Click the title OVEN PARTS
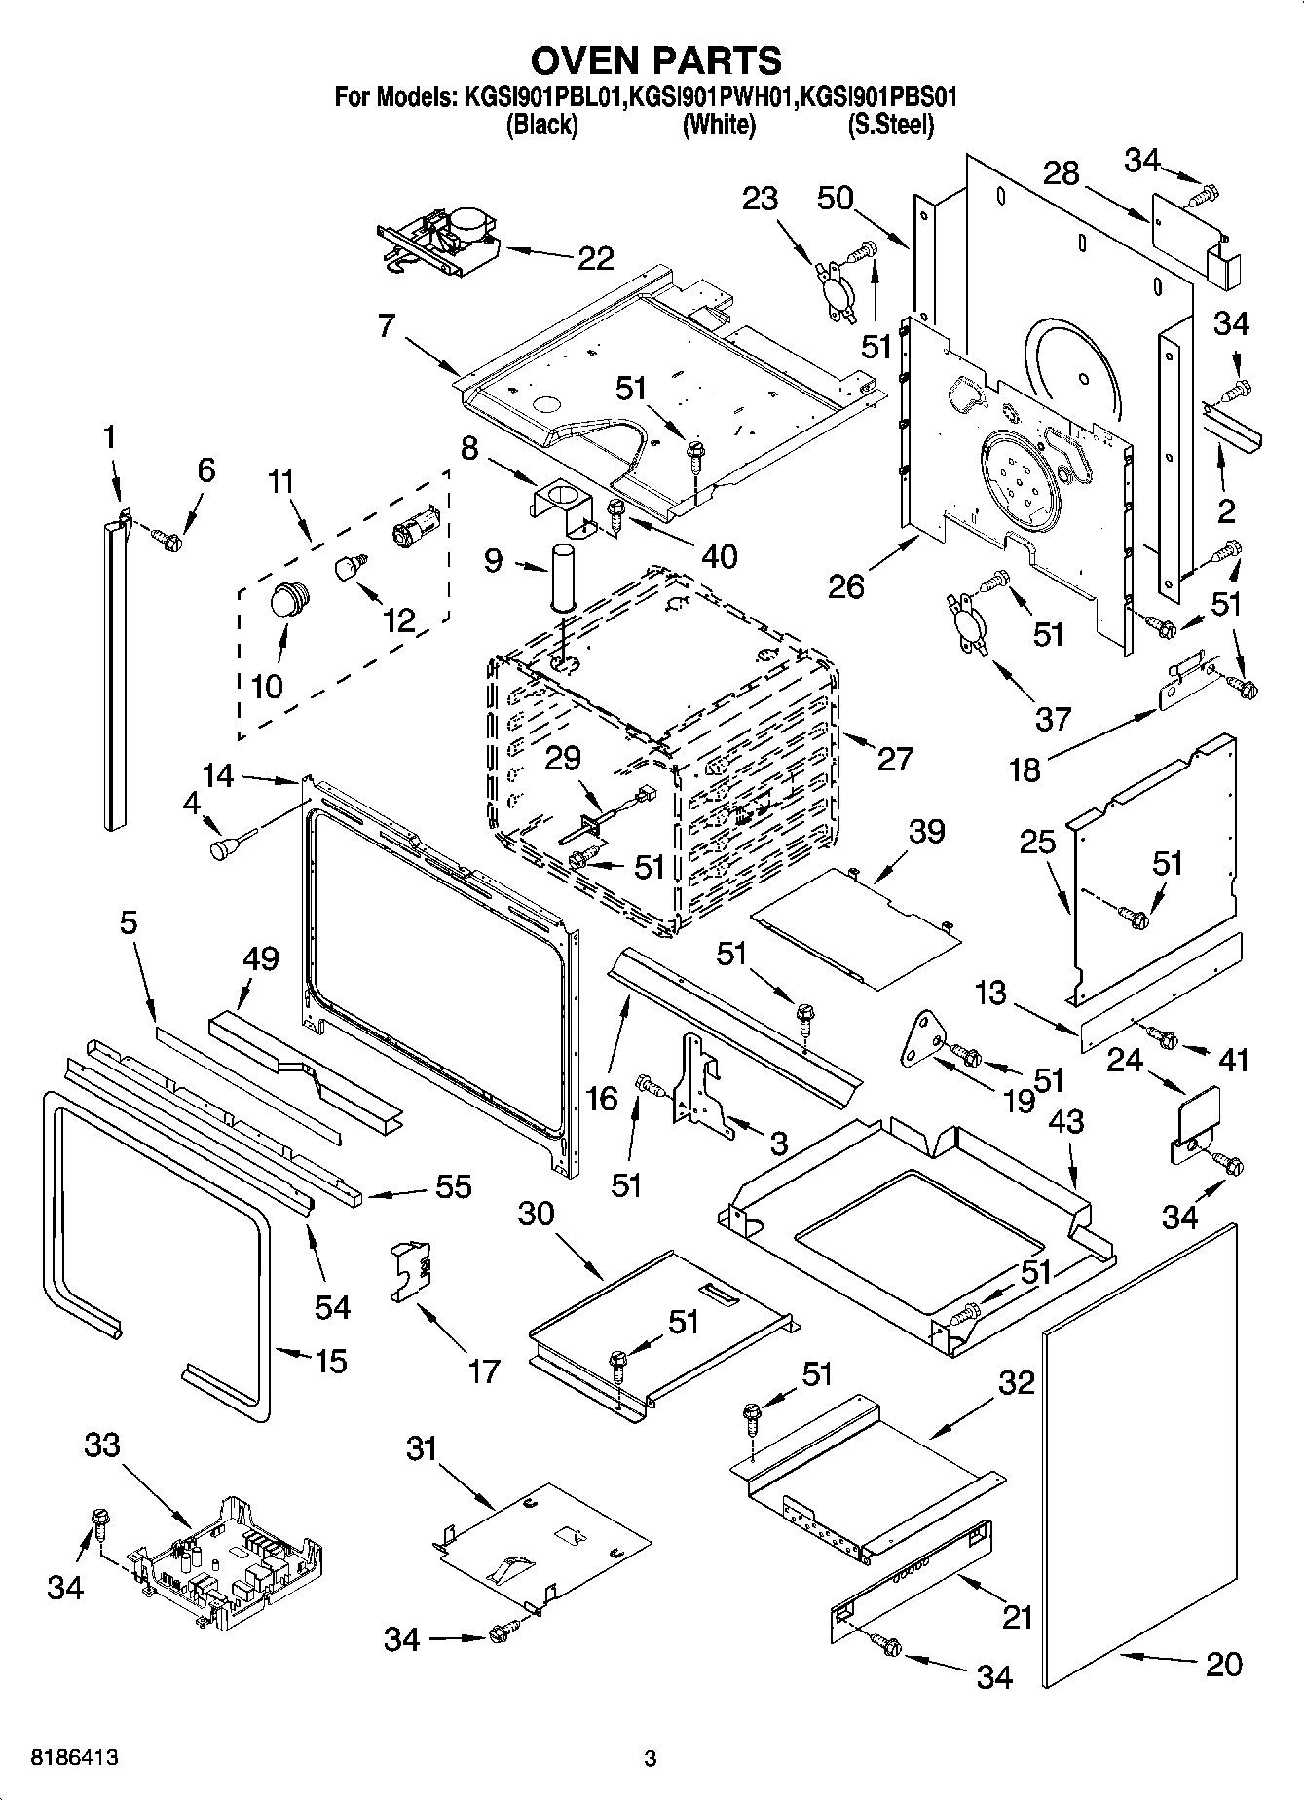click(655, 60)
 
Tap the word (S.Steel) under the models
click(890, 125)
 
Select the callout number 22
click(596, 258)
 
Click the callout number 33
click(101, 1445)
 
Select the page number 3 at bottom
click(651, 1759)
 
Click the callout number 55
click(454, 1186)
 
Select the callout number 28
click(1061, 173)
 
